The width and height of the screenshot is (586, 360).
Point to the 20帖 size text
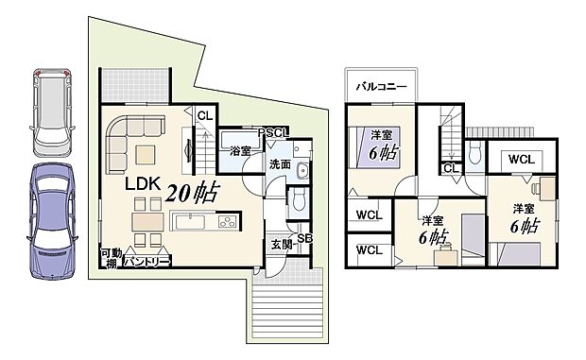(193, 194)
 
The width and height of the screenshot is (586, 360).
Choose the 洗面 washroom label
(280, 164)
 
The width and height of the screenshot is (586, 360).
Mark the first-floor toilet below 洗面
(297, 198)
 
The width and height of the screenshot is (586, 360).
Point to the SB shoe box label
(305, 237)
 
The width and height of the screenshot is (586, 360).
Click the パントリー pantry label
(146, 259)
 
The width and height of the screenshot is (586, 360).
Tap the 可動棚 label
(112, 258)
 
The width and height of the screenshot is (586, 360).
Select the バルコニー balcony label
(381, 86)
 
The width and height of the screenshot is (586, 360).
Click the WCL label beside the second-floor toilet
(520, 159)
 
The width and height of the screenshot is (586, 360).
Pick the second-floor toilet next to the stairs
(474, 153)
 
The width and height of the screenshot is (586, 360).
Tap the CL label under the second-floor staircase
(451, 168)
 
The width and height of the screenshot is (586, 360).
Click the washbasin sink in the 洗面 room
(302, 171)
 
